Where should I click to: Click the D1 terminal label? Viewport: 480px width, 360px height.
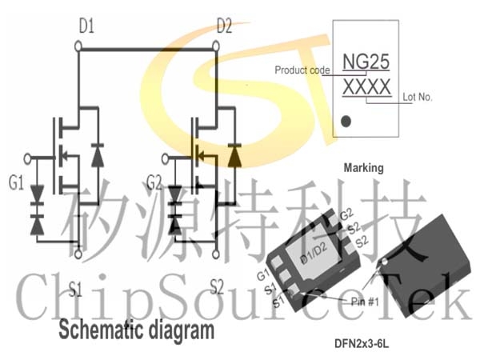point(86,26)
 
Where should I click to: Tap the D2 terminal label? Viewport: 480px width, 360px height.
point(224,26)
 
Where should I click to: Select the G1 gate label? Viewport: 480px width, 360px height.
point(16,183)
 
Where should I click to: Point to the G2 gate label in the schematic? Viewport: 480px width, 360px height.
point(154,182)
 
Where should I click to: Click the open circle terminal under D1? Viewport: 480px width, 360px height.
point(78,47)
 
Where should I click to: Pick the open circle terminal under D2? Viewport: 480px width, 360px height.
point(216,47)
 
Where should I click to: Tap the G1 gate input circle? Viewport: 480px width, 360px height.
point(27,159)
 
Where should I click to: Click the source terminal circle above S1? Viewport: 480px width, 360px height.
point(78,254)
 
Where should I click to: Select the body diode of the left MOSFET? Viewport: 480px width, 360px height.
point(98,155)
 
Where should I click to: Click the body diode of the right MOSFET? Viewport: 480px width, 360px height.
point(234,155)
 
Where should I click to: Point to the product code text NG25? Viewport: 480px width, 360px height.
point(366,62)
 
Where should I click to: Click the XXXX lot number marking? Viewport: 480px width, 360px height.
point(366,87)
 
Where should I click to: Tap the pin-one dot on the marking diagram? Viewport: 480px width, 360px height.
point(346,122)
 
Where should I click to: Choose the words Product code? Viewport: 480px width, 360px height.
point(302,70)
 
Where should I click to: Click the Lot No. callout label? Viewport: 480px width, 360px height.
point(417,97)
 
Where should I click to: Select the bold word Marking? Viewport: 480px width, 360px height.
point(364,168)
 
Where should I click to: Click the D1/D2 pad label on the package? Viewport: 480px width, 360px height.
point(314,253)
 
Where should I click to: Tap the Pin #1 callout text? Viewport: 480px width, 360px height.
point(365,302)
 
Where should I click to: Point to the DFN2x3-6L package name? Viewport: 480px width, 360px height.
point(362,344)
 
